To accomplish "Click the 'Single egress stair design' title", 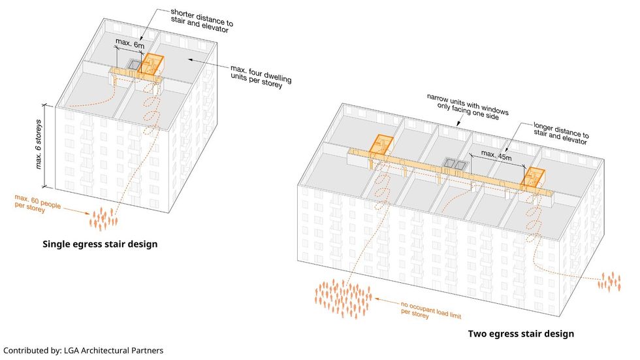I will [x=100, y=244].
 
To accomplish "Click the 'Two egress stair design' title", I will [x=520, y=334].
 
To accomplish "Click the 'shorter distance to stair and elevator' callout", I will [x=201, y=18].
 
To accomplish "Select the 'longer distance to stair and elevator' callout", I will [x=560, y=133].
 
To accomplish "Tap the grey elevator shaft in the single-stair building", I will [x=135, y=65].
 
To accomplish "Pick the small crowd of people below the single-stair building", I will [x=102, y=218].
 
